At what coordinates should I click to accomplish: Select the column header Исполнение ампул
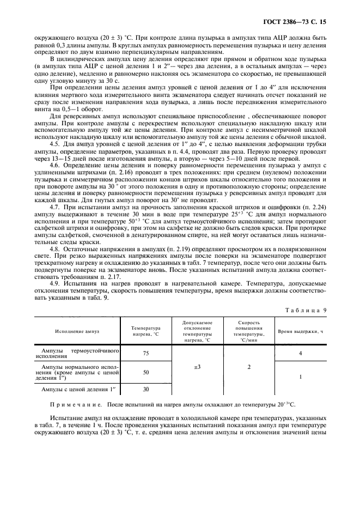click(x=77, y=331)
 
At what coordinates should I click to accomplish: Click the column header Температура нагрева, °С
click(x=145, y=331)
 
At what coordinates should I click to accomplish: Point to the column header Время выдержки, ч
click(x=300, y=331)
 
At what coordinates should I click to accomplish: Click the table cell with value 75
click(x=145, y=353)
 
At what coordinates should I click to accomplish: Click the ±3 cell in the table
click(x=197, y=367)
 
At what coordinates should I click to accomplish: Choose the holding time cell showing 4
click(x=300, y=353)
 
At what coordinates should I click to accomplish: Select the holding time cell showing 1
click(x=300, y=377)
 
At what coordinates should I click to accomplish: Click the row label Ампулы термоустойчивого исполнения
click(x=77, y=353)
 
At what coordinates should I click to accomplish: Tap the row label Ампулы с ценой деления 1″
click(x=76, y=389)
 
